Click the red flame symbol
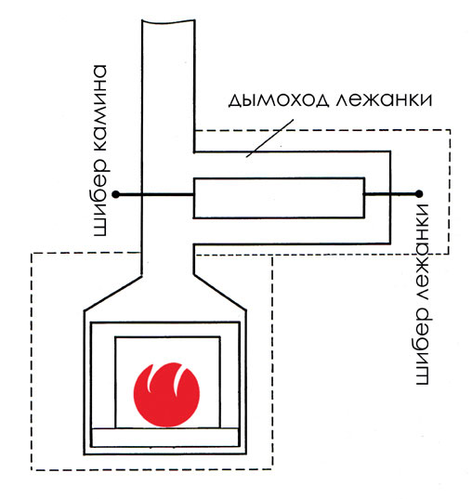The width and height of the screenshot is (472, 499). click(166, 395)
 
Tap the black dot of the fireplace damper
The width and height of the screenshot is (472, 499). click(116, 194)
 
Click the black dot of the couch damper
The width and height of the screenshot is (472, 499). click(419, 193)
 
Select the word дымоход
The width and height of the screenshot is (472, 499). click(278, 100)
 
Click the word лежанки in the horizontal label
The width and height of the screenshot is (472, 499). click(384, 99)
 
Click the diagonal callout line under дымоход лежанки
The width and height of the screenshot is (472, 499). click(269, 138)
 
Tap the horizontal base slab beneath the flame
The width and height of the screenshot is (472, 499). click(164, 438)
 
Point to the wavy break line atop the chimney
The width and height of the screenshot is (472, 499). click(168, 21)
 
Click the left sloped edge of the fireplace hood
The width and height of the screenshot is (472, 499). click(112, 293)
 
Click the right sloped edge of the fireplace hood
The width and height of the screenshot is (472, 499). click(219, 292)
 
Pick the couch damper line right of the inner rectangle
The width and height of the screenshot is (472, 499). click(392, 193)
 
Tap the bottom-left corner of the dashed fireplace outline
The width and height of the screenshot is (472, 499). click(32, 470)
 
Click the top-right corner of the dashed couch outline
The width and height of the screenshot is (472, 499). click(450, 130)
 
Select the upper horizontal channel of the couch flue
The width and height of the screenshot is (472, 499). click(292, 164)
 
